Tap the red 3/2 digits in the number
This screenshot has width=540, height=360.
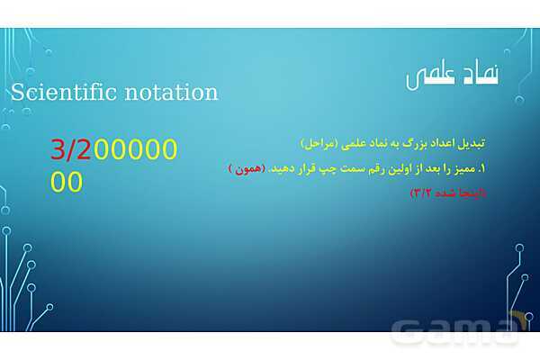coord(71,149)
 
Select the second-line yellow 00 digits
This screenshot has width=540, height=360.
coord(67,182)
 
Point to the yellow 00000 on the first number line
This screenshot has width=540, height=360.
coord(135,149)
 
